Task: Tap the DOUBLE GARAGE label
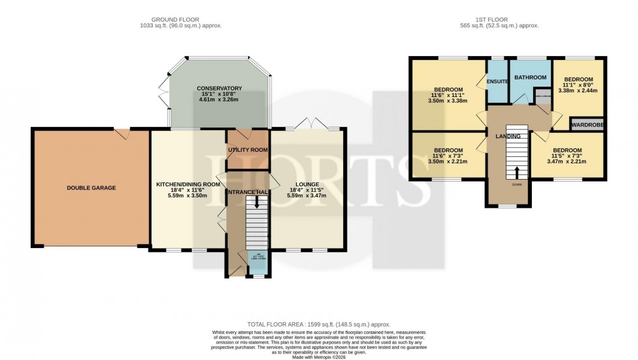[x=91, y=187]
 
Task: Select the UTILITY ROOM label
[x=247, y=150]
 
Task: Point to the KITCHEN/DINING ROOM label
[x=187, y=184]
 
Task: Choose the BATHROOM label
[x=530, y=77]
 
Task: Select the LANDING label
[x=508, y=136]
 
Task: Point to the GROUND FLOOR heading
[x=186, y=20]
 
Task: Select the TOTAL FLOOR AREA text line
[x=318, y=324]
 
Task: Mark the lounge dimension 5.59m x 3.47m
[x=304, y=196]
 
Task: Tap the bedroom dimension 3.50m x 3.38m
[x=449, y=102]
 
